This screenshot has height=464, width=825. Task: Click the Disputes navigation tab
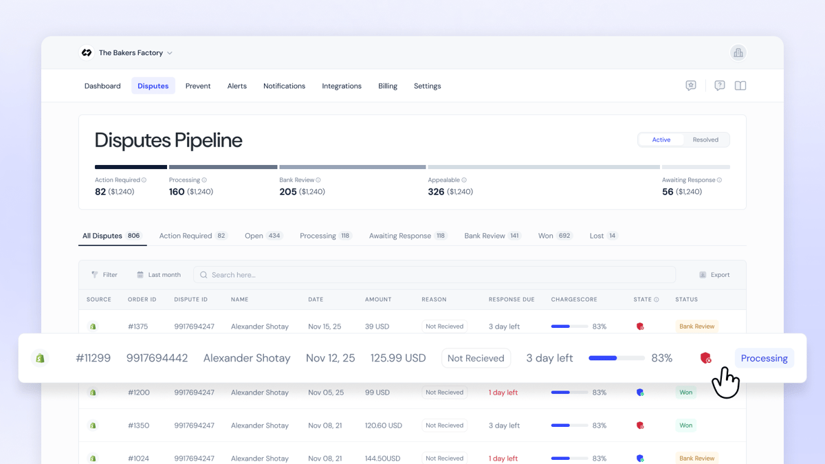(x=153, y=86)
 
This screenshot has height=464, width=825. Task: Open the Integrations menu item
(x=342, y=86)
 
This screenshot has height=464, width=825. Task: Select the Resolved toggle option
(x=705, y=140)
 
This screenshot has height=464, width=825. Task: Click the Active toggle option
(x=661, y=140)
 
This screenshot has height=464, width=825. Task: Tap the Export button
(x=714, y=275)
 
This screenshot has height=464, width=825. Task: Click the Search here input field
(x=434, y=275)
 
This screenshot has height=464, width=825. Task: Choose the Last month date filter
(x=159, y=275)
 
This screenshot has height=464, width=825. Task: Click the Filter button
(x=104, y=275)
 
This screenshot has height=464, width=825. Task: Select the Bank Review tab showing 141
(x=493, y=236)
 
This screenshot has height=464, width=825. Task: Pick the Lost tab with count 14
(x=604, y=236)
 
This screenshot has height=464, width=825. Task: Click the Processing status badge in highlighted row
(x=764, y=358)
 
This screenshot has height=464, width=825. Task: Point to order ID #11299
(x=93, y=358)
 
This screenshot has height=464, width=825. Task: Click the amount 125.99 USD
(x=398, y=358)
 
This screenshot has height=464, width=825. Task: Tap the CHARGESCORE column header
(x=574, y=300)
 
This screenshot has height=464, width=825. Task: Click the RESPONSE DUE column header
(x=511, y=300)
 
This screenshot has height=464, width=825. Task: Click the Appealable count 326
(x=436, y=192)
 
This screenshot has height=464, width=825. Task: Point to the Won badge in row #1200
(x=686, y=393)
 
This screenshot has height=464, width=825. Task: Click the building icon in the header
(x=738, y=53)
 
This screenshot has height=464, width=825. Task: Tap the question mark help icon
(x=719, y=85)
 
